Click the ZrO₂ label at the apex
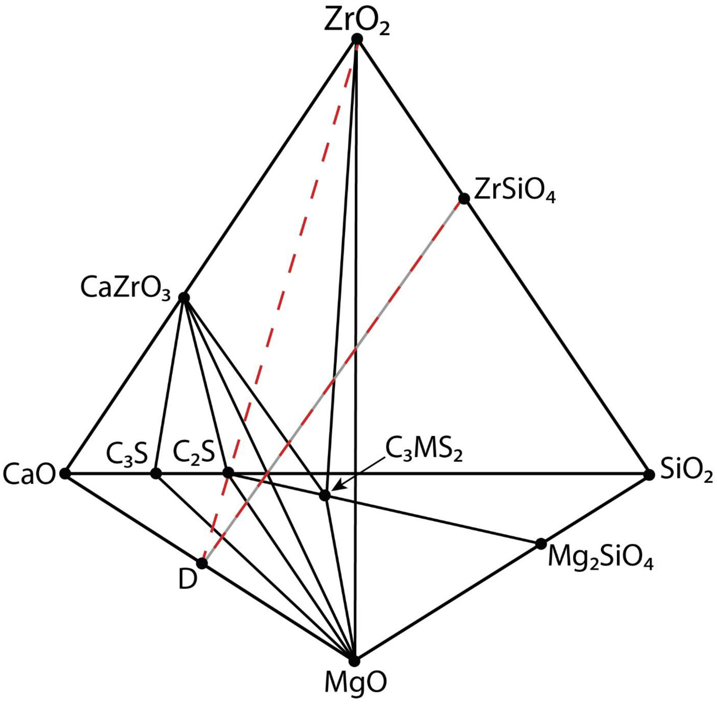pos(357,21)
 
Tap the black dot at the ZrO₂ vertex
pos(357,39)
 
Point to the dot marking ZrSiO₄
pos(464,198)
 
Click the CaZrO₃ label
pos(125,289)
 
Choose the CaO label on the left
pos(29,475)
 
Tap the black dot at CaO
pos(66,473)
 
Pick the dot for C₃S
pos(156,473)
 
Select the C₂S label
pos(194,452)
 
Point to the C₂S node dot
pos(228,473)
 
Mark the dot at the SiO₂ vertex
pos(649,474)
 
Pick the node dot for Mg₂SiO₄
pos(541,544)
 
